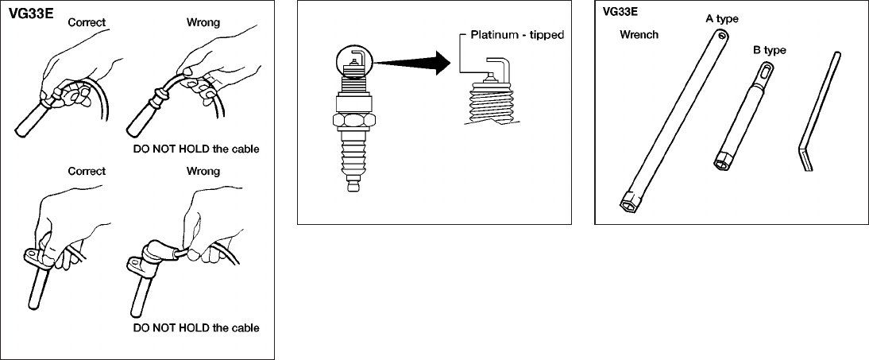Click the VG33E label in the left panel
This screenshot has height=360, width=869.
[x=31, y=14]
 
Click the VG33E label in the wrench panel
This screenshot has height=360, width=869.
[x=621, y=12]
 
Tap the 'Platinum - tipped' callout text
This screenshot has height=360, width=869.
[x=513, y=36]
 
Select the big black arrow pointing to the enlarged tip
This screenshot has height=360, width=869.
[x=414, y=63]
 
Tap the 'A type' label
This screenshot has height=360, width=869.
[x=722, y=18]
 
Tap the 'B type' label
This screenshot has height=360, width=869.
[x=769, y=50]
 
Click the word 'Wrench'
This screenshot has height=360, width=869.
[x=639, y=36]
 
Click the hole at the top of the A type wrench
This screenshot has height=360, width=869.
[x=719, y=34]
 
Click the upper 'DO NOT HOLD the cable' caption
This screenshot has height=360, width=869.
[x=195, y=149]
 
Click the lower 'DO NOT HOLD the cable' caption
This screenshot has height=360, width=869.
[x=195, y=327]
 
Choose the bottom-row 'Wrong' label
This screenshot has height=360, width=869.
[x=203, y=170]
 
